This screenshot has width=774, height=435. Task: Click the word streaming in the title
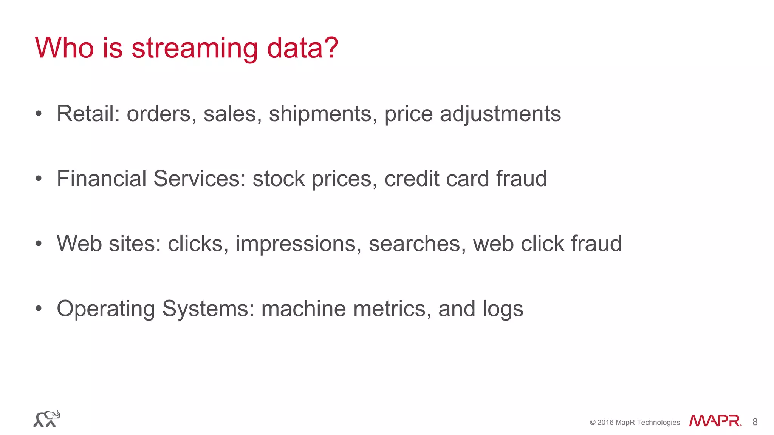click(195, 48)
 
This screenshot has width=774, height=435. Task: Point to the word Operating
click(106, 309)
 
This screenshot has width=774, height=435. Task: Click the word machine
click(303, 309)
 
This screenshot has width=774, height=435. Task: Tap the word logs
click(503, 309)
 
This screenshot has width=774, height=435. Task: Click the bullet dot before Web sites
click(39, 244)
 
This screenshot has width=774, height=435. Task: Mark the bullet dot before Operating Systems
click(39, 309)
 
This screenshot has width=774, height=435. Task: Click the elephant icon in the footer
click(46, 419)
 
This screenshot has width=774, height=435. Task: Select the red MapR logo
click(715, 421)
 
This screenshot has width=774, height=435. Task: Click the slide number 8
click(755, 422)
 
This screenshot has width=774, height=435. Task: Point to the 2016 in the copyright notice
click(605, 423)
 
